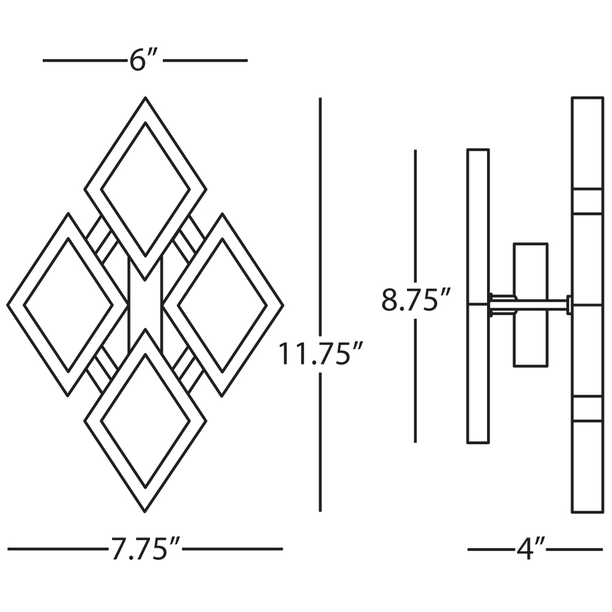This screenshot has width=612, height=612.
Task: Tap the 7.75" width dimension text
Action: [x=146, y=549]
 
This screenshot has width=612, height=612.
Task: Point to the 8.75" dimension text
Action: [x=416, y=299]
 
